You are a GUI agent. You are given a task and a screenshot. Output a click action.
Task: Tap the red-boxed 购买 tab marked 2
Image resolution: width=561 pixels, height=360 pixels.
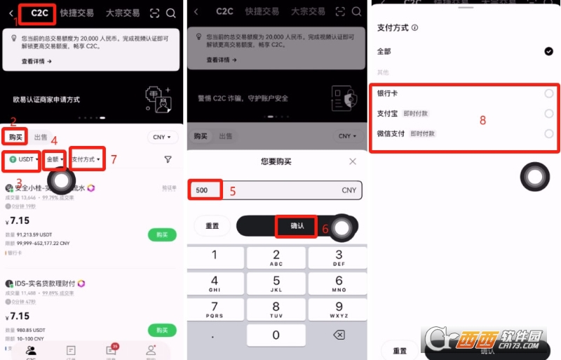click(x=15, y=136)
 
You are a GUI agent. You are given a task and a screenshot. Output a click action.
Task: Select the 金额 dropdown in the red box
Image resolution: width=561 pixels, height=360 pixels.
click(x=54, y=160)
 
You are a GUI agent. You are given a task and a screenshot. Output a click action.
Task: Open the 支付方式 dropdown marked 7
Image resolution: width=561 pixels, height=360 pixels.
click(x=87, y=160)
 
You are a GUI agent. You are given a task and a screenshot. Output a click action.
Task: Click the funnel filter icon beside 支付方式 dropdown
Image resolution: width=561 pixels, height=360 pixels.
click(x=168, y=160)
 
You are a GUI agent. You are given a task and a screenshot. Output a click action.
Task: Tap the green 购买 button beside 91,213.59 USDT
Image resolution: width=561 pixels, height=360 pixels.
click(x=162, y=234)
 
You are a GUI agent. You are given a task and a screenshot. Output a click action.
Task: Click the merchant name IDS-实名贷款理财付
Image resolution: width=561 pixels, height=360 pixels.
click(x=46, y=284)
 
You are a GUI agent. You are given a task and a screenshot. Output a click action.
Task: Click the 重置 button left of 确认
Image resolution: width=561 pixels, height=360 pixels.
click(x=212, y=226)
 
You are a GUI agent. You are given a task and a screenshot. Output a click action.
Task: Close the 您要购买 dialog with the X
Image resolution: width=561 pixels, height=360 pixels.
click(x=353, y=161)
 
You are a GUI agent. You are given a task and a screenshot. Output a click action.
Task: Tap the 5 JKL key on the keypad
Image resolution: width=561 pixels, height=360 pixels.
click(x=276, y=284)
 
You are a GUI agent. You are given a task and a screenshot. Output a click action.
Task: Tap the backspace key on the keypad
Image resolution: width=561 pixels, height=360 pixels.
click(x=339, y=335)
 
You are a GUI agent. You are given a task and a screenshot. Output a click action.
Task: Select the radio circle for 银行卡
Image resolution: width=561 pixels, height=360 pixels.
click(x=548, y=93)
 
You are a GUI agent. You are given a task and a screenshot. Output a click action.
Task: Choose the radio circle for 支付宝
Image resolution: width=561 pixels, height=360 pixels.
click(x=548, y=114)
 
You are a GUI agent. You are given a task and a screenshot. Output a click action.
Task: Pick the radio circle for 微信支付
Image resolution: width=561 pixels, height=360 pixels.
click(x=548, y=134)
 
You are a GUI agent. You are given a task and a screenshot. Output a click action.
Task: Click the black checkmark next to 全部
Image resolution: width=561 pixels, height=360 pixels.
click(x=548, y=51)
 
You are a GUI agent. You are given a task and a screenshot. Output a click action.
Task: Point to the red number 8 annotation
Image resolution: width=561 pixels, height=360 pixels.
click(x=482, y=120)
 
